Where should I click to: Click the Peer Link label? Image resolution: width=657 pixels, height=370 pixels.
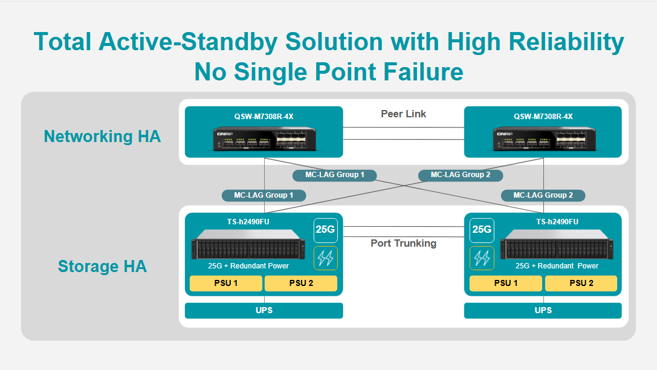[x=403, y=114]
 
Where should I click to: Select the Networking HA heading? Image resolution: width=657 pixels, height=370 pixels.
[x=102, y=137]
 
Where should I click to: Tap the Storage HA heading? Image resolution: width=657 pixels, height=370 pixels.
[x=102, y=266]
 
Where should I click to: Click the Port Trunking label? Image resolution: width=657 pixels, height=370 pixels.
[x=403, y=243]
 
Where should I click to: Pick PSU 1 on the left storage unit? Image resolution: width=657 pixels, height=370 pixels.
[x=226, y=284]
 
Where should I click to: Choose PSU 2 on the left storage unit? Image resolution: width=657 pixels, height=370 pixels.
[x=300, y=284]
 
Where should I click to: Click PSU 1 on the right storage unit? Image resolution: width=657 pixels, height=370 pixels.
[x=506, y=284]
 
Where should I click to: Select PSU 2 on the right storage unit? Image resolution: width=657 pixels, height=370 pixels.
[x=581, y=284]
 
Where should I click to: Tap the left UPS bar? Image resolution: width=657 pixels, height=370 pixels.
[x=264, y=311]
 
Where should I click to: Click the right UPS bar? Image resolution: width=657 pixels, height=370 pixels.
[x=543, y=311]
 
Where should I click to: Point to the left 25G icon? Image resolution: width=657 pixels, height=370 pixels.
[x=326, y=230]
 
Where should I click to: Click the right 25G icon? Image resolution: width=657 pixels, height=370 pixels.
[x=482, y=230]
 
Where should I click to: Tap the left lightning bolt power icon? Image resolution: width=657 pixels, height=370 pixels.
[x=326, y=258]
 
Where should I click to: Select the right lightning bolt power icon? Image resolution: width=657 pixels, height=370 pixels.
[x=482, y=258]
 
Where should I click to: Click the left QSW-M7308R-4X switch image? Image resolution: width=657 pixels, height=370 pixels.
[x=264, y=138]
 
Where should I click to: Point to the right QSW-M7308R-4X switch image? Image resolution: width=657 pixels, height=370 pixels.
[x=543, y=138]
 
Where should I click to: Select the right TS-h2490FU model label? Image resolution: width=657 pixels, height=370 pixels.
[x=557, y=222]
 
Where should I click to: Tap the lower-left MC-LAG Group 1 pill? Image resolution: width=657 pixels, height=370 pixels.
[x=264, y=195]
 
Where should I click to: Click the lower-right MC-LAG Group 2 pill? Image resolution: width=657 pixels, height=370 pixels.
[x=543, y=195]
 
